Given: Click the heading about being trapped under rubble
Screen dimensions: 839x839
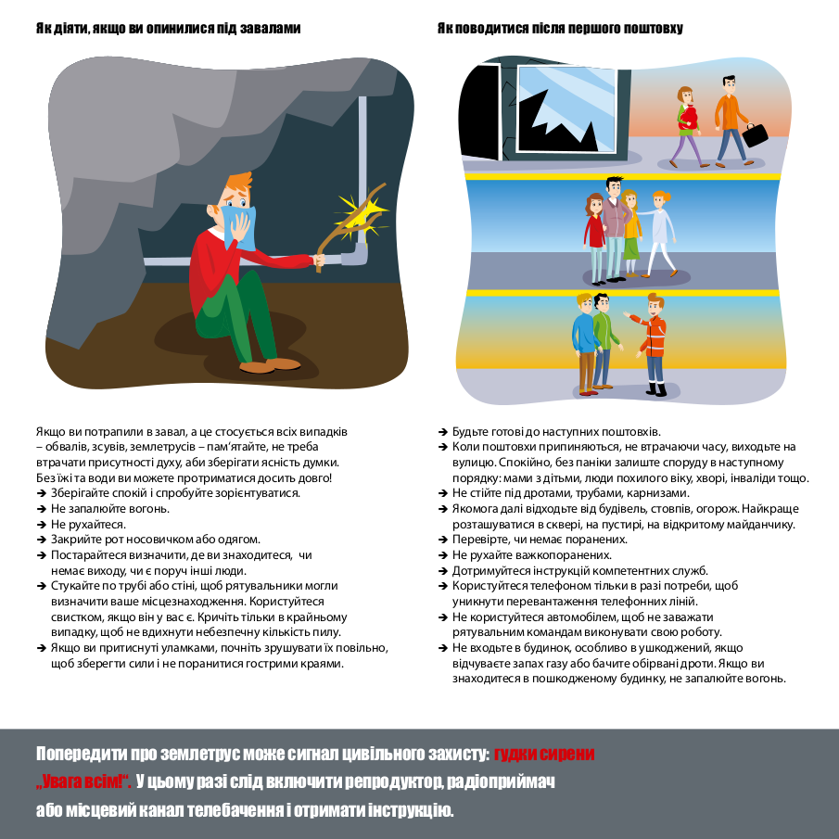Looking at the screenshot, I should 169,29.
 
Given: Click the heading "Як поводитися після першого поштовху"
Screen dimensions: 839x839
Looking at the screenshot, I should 560,29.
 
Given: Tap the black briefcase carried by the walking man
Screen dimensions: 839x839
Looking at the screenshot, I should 756,133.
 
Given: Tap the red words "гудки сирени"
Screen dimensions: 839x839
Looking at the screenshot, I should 544,754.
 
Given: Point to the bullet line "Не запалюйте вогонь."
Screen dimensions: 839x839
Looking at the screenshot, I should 110,509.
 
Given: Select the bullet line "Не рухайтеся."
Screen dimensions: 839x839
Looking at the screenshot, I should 88,524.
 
